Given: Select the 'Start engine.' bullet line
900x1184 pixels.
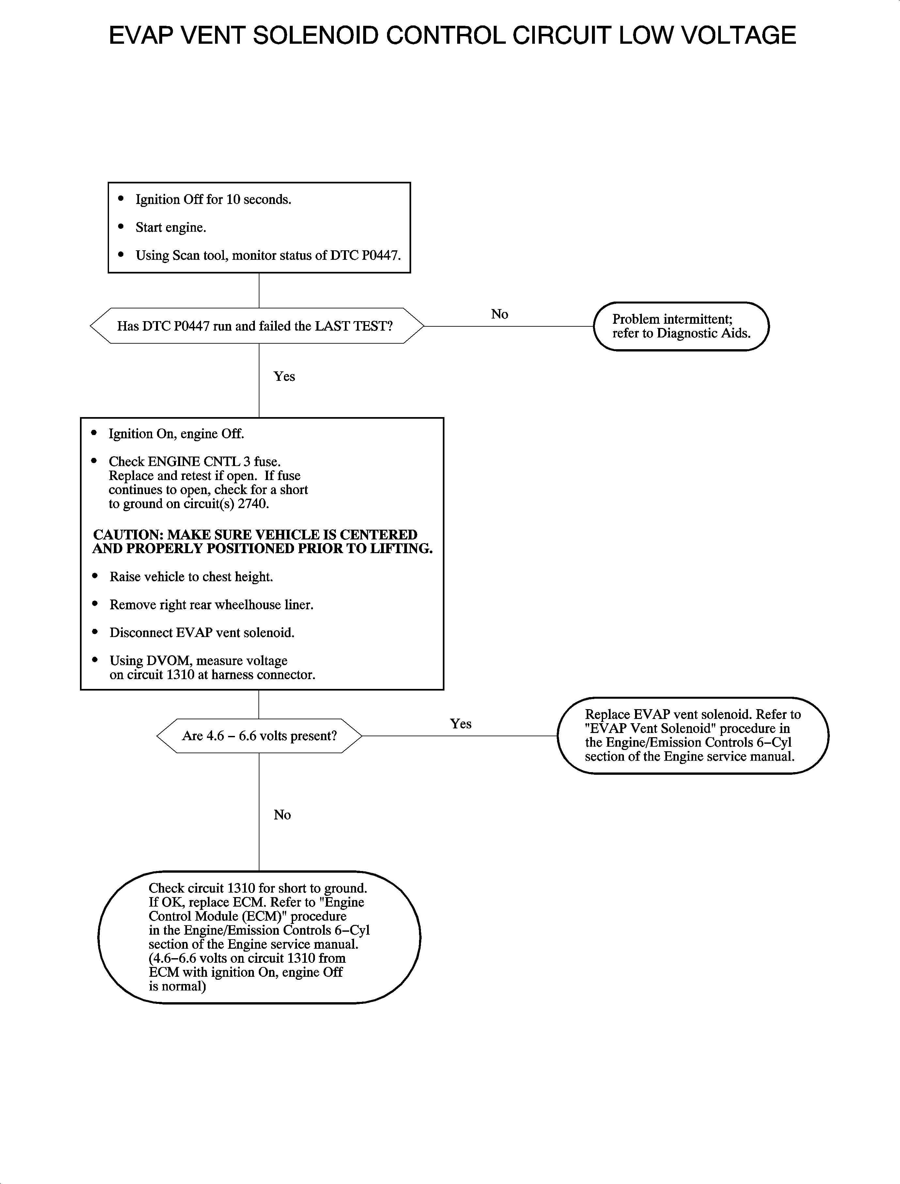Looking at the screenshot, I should tap(170, 228).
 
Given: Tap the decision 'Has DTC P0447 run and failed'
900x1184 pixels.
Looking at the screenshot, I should tap(255, 326).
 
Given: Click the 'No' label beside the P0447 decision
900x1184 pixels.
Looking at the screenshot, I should tap(499, 315).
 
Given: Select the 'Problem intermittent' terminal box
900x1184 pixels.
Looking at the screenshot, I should tap(681, 326).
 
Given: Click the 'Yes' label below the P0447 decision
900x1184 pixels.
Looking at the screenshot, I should tap(284, 377).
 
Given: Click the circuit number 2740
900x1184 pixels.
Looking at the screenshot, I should tap(256, 504).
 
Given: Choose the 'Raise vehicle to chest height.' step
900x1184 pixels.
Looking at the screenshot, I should tap(191, 577).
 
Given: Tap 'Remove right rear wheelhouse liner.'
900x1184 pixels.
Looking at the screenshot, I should tap(211, 605).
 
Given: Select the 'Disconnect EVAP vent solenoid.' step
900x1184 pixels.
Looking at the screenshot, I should tap(202, 633).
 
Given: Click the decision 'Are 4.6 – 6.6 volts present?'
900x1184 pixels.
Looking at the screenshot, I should tap(259, 736).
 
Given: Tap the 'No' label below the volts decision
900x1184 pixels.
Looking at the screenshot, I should tap(282, 815).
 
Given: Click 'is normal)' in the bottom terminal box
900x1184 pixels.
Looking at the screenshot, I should tap(177, 986).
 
